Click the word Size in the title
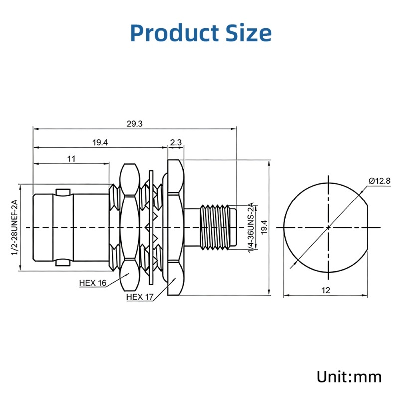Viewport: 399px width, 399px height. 246,33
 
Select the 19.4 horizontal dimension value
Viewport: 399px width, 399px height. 100,143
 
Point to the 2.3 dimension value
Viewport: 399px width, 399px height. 176,143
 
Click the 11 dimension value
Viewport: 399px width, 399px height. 71,159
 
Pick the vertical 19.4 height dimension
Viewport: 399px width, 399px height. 265,227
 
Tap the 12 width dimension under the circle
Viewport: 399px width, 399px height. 325,290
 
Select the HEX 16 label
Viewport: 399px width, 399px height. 93,283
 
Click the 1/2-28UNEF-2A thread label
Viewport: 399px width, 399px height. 14,227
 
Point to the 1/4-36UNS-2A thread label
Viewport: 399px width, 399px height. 251,227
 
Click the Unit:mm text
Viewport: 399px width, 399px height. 349,376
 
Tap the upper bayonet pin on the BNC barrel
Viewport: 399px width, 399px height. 62,192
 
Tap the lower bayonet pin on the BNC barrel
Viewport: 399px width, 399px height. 62,262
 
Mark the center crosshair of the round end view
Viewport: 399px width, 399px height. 328,227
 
